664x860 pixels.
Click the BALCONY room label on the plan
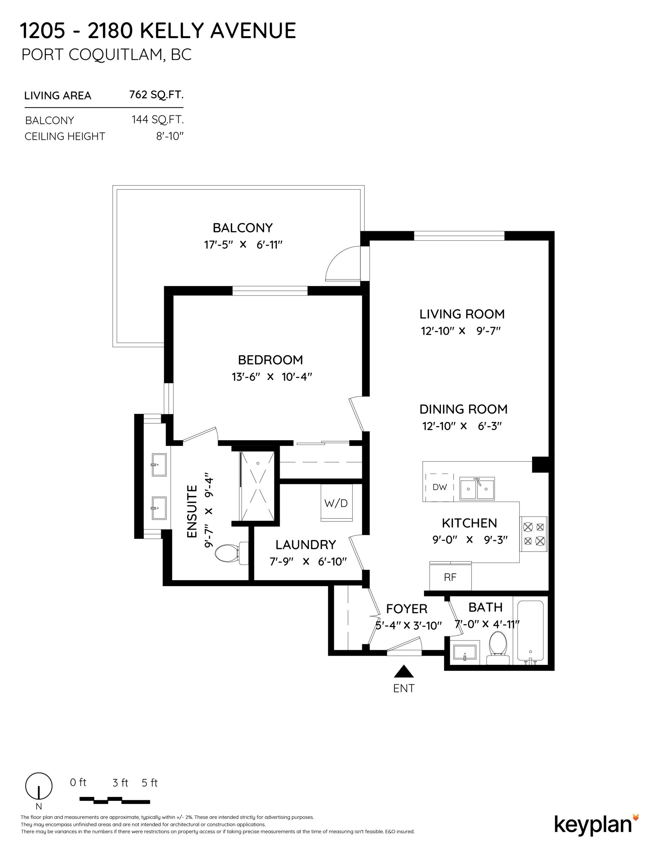coord(242,228)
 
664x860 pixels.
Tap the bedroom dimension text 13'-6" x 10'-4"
coord(272,377)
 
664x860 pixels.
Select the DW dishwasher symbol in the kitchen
coord(439,487)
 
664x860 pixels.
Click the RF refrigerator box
coord(450,577)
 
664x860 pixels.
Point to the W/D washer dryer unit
coord(336,503)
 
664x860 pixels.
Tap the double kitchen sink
coord(477,489)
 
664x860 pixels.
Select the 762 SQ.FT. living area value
coord(156,95)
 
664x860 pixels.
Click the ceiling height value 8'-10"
coord(170,136)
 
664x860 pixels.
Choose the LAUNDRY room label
coord(306,545)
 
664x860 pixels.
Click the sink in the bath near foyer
coord(465,652)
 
